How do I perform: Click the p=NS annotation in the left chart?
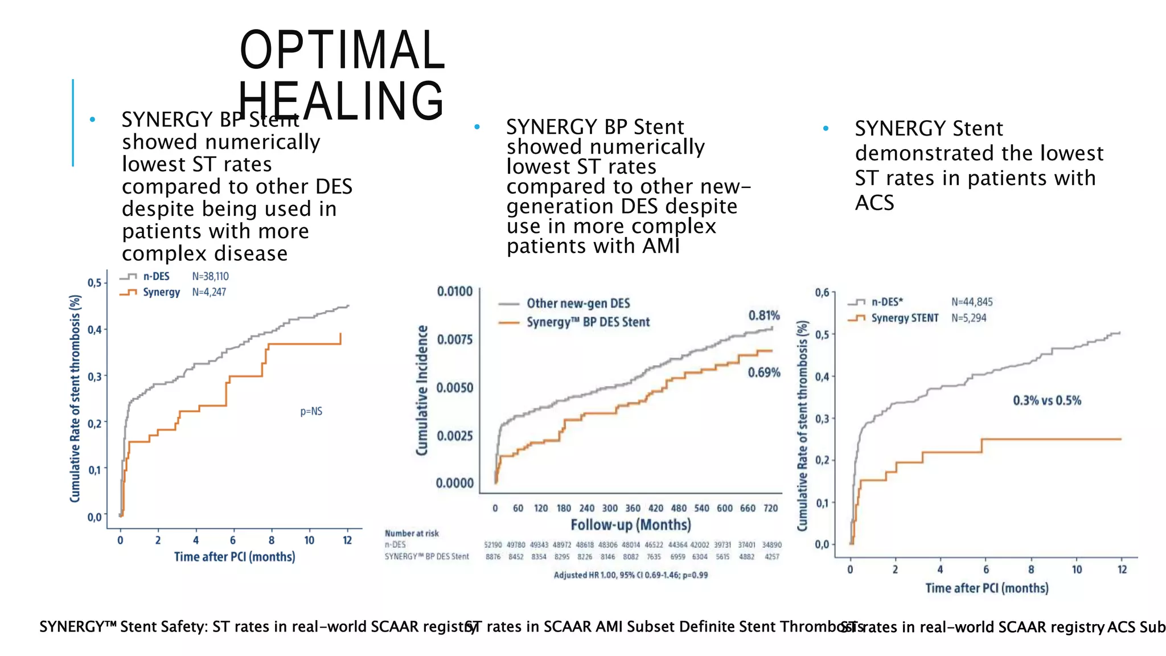point(311,411)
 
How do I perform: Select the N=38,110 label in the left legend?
point(210,276)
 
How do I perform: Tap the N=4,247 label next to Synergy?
point(209,292)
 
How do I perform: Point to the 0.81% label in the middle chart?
point(763,315)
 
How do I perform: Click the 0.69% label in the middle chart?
point(763,372)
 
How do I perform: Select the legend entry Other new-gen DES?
point(577,304)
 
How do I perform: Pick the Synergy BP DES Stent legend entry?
point(587,322)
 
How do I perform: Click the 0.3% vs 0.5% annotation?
point(1046,400)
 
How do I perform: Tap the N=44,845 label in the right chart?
point(971,302)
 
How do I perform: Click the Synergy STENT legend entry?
point(904,318)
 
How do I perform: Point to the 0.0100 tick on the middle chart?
point(454,292)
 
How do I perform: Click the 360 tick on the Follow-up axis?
point(633,508)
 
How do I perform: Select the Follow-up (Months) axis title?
point(630,524)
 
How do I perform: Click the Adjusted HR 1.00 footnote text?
point(630,575)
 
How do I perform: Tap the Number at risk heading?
point(412,534)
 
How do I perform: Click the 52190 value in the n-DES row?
point(492,545)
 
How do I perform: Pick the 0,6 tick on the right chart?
point(822,293)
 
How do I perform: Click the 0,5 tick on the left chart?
point(94,283)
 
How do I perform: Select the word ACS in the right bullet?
point(874,203)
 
